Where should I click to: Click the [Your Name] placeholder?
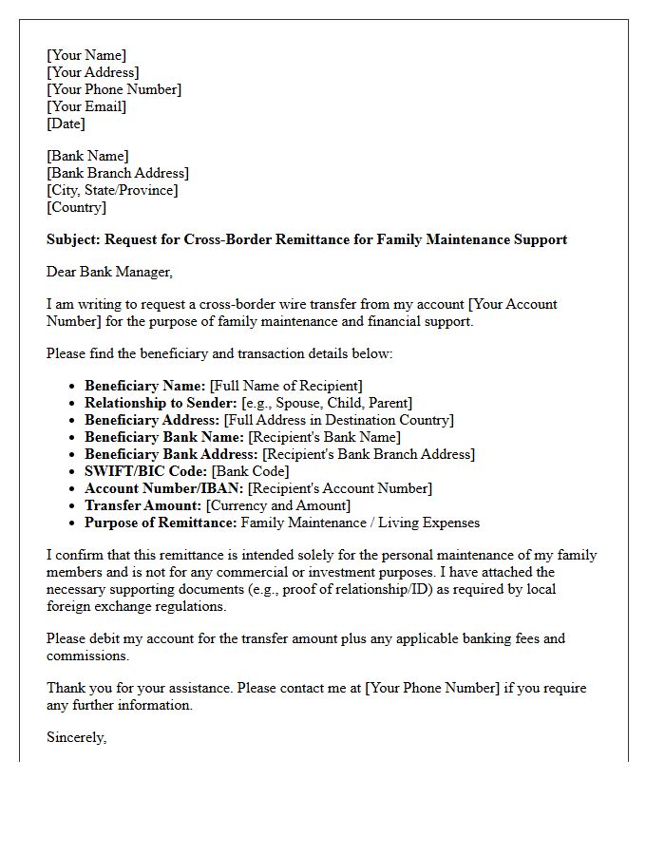[x=86, y=55]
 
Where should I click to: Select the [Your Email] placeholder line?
[x=86, y=106]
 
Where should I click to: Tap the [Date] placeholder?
[x=66, y=123]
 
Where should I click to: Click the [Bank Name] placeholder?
[x=87, y=156]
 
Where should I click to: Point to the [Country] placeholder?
[x=77, y=207]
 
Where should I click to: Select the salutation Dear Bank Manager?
[x=110, y=272]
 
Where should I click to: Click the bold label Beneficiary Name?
[x=144, y=386]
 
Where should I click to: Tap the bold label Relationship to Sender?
[x=161, y=403]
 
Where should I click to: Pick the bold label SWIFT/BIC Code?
[x=145, y=471]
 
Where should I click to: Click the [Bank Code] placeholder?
[x=250, y=471]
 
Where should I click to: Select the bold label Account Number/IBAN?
[x=163, y=488]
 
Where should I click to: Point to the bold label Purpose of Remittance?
[x=161, y=522]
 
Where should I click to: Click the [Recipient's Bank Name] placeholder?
[x=324, y=437]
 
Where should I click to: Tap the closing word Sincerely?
[x=77, y=737]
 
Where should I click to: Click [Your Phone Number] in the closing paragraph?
[x=432, y=688]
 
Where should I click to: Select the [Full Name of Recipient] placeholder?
[x=286, y=386]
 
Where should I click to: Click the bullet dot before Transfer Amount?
[x=74, y=506]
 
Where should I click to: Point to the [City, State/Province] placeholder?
[x=112, y=190]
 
